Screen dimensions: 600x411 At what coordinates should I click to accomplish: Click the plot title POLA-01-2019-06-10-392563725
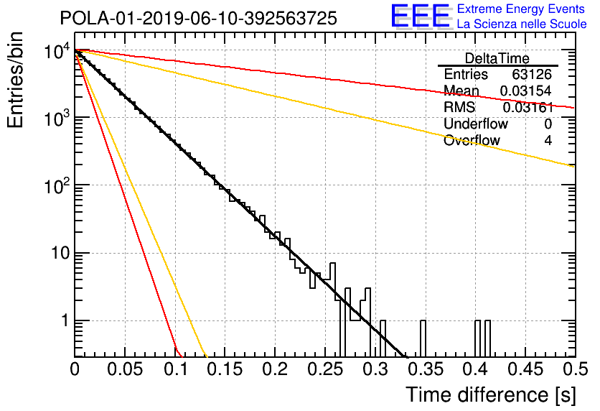point(199,18)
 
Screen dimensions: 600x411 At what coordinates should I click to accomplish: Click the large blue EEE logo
point(420,17)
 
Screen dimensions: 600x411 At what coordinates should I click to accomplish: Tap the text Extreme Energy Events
point(521,9)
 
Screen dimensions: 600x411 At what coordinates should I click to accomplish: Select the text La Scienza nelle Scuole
point(522,24)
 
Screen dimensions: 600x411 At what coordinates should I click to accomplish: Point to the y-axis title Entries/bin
point(15,80)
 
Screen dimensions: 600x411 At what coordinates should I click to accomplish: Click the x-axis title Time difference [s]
point(491,394)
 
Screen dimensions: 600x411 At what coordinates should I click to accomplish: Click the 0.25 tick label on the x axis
point(325,369)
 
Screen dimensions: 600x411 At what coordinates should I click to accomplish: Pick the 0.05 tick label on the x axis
point(125,369)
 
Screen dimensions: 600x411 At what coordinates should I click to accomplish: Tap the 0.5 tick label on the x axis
point(575,369)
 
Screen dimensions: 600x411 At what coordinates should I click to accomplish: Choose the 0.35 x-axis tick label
point(425,369)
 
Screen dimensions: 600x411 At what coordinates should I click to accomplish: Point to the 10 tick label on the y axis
point(60,253)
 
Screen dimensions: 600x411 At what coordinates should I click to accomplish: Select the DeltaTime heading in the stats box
point(497,59)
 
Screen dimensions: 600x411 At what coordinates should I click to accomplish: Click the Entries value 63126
point(532,74)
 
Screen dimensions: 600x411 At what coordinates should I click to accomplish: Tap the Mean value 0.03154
point(526,91)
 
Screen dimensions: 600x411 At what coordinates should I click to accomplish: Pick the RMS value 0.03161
point(528,108)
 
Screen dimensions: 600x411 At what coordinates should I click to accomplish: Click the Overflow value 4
point(548,141)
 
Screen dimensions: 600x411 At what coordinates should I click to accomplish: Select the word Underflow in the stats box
point(476,124)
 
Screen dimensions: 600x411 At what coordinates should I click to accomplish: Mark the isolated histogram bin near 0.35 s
point(423,338)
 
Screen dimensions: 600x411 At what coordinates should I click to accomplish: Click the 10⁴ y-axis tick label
point(57,52)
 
